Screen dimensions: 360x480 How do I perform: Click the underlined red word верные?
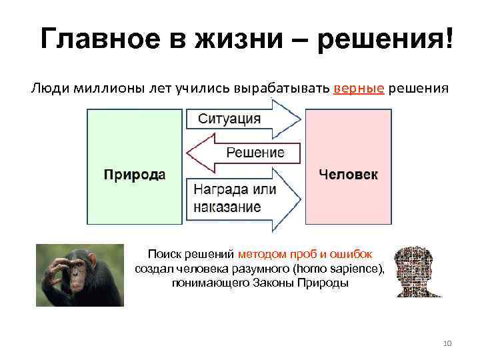(359, 88)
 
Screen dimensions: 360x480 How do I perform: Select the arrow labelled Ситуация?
(240, 119)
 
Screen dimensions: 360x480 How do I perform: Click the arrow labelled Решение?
(243, 153)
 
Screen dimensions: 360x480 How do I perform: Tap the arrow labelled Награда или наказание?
(240, 198)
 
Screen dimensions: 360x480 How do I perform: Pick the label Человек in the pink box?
(348, 175)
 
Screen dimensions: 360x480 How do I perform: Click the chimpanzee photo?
(80, 275)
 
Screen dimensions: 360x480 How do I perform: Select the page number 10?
(447, 343)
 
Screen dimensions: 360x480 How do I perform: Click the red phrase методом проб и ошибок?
(305, 254)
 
